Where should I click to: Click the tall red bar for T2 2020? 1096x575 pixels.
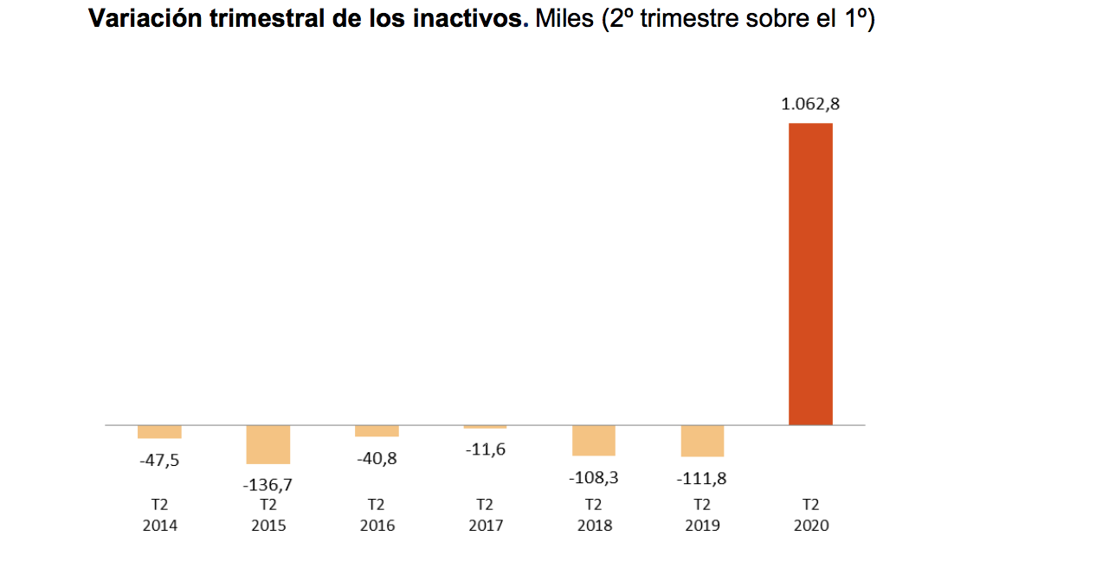tap(810, 274)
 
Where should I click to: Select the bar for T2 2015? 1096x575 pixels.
tap(268, 444)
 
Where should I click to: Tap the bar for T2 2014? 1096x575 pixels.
tap(159, 432)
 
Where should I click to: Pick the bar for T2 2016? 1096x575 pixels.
tap(377, 431)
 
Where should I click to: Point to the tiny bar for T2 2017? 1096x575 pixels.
tap(485, 427)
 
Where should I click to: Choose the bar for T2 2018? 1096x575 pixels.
tap(593, 441)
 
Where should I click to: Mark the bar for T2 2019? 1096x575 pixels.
tap(702, 441)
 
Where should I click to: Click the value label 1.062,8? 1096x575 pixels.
tap(810, 105)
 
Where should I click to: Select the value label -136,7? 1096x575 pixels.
tap(268, 485)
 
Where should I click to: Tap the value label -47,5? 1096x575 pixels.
tap(159, 461)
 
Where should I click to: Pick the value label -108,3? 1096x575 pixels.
tap(593, 477)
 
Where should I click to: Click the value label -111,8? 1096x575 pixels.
tap(702, 477)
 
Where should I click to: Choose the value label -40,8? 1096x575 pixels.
tap(377, 458)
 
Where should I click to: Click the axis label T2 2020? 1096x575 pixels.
tap(810, 514)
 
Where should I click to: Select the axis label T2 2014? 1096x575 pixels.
tap(159, 514)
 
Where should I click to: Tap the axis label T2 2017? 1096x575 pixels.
tap(485, 514)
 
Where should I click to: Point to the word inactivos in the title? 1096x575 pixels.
tap(475, 19)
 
